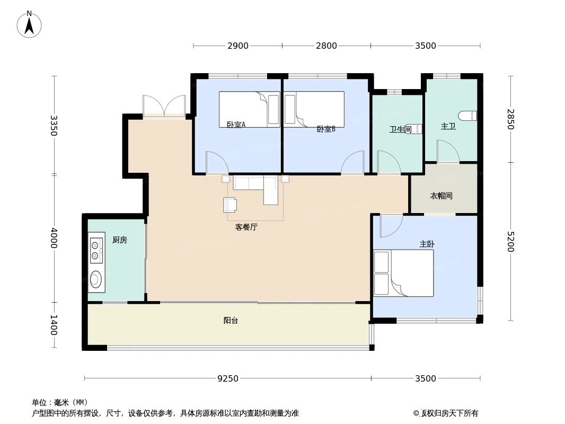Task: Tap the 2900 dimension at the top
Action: coord(238,46)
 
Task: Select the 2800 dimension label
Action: coord(326,46)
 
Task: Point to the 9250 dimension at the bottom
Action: coord(228,378)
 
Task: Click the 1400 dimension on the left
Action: coord(54,325)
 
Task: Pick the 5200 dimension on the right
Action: coord(511,242)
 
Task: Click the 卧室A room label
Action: coord(236,125)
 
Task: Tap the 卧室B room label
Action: coord(326,129)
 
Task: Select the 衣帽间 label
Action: coord(441,196)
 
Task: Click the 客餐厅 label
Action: coord(246,227)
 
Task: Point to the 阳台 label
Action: coord(231,320)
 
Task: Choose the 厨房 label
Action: coord(120,240)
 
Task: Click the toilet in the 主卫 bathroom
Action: coord(468,116)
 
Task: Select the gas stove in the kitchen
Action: coord(96,251)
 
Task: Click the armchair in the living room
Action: coord(231,205)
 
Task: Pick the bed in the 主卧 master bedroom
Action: coord(404,273)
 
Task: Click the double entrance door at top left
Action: coord(164,106)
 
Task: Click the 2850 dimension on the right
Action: coord(511,119)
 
